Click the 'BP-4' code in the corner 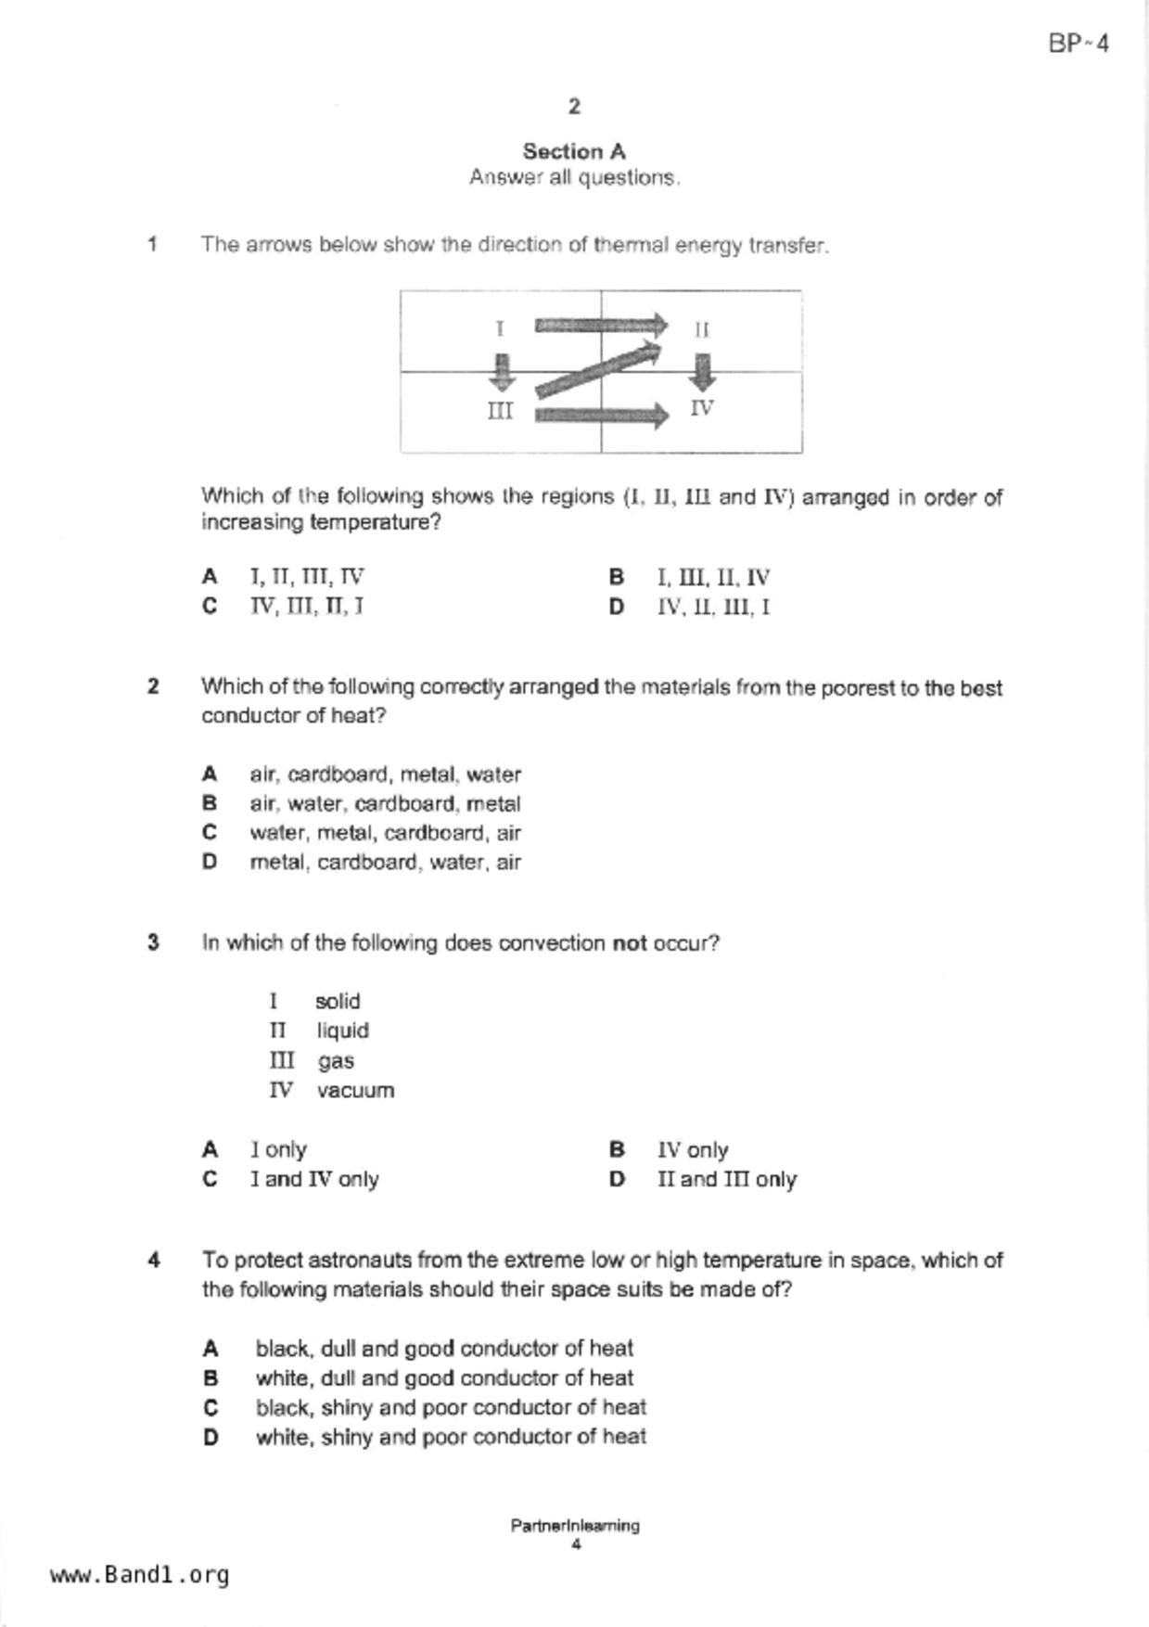(1079, 44)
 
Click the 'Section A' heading (574, 151)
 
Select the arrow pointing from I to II (601, 326)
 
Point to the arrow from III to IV (601, 414)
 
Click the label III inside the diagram (501, 411)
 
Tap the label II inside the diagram (702, 329)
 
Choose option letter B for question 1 (617, 577)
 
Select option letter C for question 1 (210, 607)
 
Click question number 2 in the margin (153, 686)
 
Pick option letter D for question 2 (210, 862)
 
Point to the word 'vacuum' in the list (355, 1090)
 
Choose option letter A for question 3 (210, 1150)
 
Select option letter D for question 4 (211, 1437)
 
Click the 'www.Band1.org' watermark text (140, 1575)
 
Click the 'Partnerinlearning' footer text (574, 1525)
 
